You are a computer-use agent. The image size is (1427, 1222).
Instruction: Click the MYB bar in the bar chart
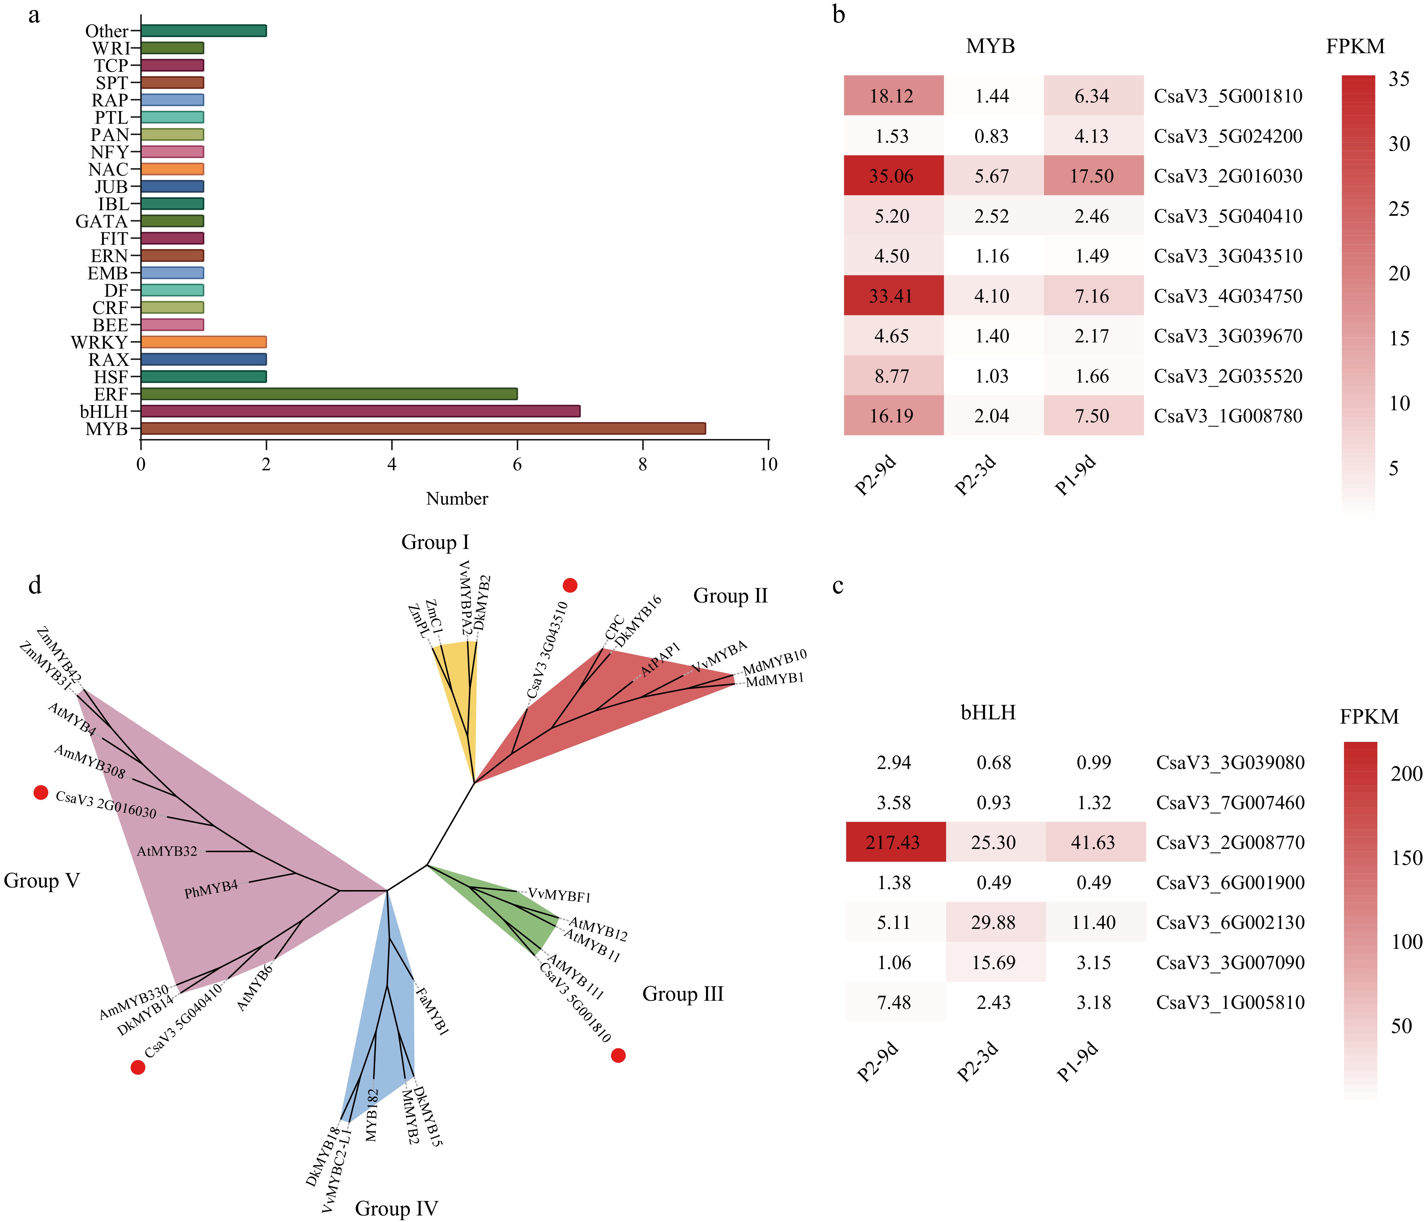tap(423, 428)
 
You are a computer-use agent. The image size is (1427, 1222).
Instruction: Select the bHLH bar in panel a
tap(360, 411)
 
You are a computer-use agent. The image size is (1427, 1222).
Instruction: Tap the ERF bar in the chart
tap(329, 394)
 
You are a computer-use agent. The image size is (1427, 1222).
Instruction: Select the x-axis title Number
tap(457, 498)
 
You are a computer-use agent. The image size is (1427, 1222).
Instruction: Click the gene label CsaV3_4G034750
tap(1228, 296)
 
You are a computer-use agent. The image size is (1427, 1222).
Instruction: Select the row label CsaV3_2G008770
tap(1230, 842)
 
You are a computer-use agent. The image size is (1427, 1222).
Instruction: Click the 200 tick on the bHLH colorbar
tap(1406, 774)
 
